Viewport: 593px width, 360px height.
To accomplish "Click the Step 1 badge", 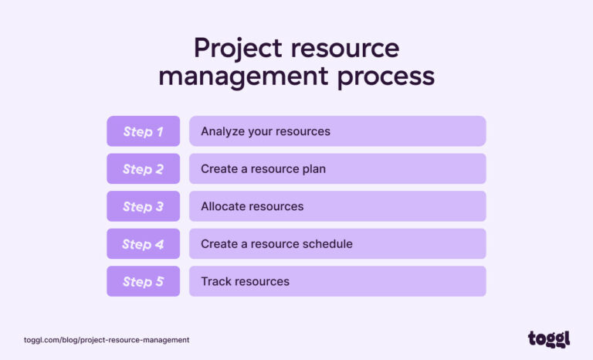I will point(143,131).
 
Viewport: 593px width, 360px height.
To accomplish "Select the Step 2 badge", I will point(143,169).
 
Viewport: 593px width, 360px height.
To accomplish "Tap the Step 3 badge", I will point(143,206).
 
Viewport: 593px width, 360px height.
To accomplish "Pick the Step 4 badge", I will point(143,244).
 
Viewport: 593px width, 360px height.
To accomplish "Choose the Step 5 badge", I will point(143,281).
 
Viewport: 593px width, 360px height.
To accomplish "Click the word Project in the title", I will point(238,49).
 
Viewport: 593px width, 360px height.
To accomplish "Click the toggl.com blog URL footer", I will point(107,340).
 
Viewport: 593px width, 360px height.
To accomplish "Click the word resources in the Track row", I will point(263,281).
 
